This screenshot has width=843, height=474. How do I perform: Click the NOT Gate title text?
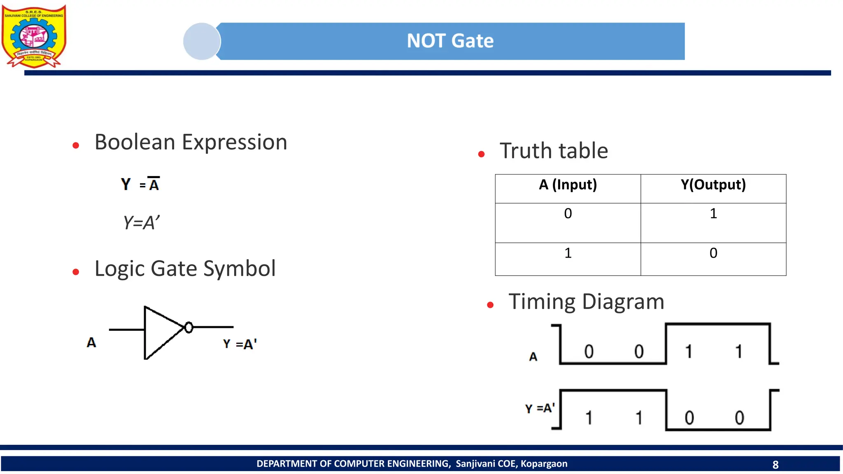click(x=450, y=41)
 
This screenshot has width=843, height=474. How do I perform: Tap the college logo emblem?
click(x=34, y=36)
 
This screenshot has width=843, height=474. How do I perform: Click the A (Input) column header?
click(x=568, y=185)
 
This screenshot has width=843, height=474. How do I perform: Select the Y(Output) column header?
click(x=713, y=185)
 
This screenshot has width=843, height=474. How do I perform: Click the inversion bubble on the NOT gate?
click(x=189, y=328)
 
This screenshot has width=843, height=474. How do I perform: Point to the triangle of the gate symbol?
click(x=161, y=332)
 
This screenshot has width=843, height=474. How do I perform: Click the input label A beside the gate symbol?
click(x=91, y=342)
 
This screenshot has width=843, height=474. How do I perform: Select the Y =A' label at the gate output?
click(x=240, y=344)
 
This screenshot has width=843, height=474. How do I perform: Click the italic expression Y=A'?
click(x=141, y=223)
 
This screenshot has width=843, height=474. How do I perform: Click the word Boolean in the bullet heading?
click(x=135, y=142)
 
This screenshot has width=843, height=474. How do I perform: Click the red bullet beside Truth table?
click(x=482, y=154)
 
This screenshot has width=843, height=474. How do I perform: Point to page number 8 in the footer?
click(x=775, y=465)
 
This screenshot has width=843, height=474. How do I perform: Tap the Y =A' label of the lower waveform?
click(x=540, y=408)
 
